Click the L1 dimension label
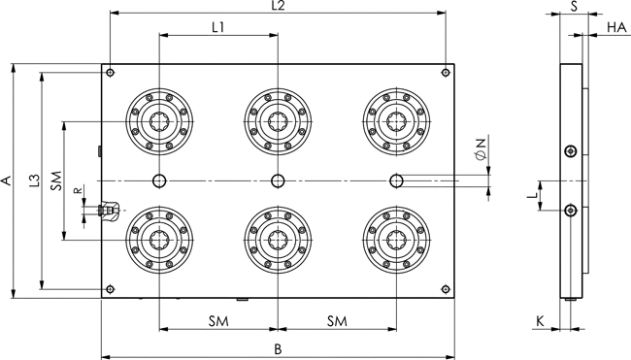pos(218,27)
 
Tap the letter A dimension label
pos(6,180)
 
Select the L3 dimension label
pos(35,180)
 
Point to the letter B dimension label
pos(278,349)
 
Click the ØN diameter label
pos(481,149)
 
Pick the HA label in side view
pos(616,27)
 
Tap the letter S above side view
pos(575,6)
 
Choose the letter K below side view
pos(540,321)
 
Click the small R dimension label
pos(79,190)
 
